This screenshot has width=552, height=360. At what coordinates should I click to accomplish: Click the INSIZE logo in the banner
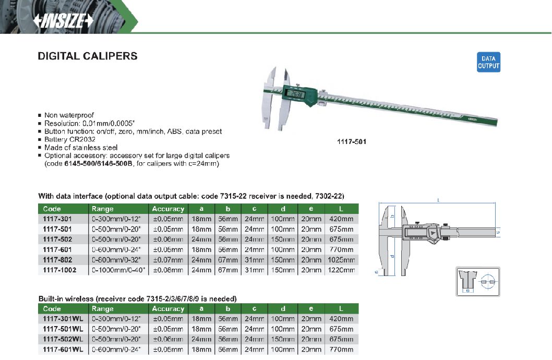[x=63, y=21]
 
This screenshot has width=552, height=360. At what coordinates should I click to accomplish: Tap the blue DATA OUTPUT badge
[x=488, y=62]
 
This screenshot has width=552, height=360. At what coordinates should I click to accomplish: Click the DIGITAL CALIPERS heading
[x=88, y=56]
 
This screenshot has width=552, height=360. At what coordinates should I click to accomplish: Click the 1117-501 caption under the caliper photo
[x=352, y=141]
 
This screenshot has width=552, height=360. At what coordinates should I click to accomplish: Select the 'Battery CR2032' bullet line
[x=70, y=139]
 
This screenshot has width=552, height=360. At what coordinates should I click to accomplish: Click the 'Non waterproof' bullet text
[x=69, y=115]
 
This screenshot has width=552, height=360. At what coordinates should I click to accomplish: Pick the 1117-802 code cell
[x=57, y=260]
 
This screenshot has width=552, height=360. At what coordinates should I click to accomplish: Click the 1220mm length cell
[x=342, y=270]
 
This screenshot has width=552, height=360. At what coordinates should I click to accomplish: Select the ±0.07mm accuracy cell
[x=168, y=260]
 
